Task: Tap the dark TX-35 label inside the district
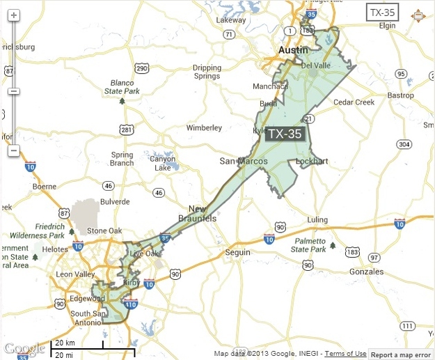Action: click(285, 134)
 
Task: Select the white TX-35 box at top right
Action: click(385, 13)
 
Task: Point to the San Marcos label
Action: click(239, 161)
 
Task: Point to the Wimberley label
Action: click(204, 128)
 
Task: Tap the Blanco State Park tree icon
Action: click(122, 101)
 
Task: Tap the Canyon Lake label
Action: click(164, 162)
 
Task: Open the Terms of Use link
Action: click(345, 354)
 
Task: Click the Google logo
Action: click(24, 347)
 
